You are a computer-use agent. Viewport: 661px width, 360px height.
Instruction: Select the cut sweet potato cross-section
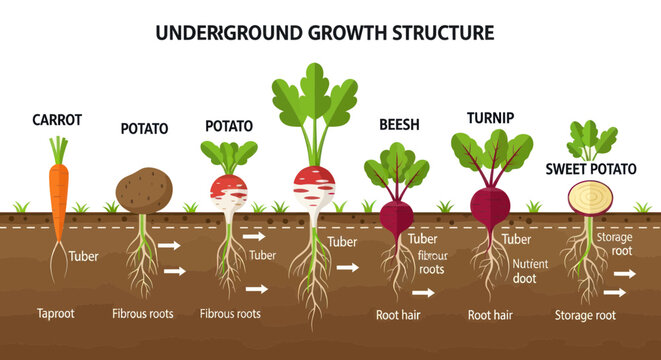(x=585, y=196)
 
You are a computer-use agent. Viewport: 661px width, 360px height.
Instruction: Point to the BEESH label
(x=399, y=125)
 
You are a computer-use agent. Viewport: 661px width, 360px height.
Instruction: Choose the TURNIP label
(x=490, y=118)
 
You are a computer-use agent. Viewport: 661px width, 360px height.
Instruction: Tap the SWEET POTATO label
(x=591, y=168)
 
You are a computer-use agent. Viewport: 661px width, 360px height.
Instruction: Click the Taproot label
(x=56, y=313)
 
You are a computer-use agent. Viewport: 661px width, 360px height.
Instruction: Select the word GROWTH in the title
(x=329, y=33)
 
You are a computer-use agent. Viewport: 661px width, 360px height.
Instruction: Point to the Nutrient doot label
(x=531, y=272)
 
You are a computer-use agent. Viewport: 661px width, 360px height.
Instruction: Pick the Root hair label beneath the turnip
(x=491, y=314)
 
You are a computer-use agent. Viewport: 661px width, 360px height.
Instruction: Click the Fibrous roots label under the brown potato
(x=143, y=314)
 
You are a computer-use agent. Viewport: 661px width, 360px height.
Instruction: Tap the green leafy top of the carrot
(x=58, y=150)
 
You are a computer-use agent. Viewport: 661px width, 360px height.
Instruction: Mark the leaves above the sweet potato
(x=591, y=139)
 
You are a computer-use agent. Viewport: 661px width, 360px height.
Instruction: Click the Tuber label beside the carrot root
(x=83, y=256)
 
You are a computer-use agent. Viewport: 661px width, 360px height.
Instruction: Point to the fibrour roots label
(x=431, y=263)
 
